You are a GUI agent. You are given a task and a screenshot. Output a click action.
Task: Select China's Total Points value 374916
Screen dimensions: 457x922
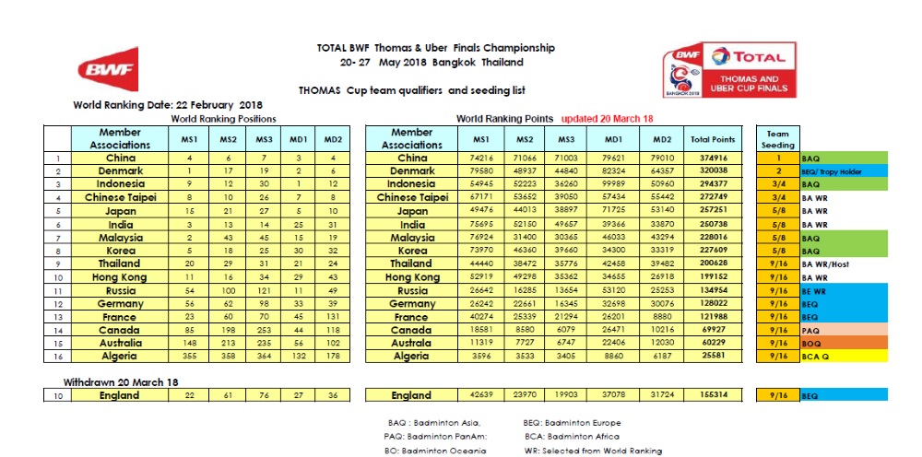click(x=712, y=158)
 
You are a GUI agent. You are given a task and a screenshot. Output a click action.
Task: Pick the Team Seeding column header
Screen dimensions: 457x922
click(x=777, y=139)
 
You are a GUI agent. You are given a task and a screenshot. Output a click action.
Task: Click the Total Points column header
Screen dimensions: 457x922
click(x=712, y=139)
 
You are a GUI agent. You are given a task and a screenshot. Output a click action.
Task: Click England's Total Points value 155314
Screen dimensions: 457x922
click(x=712, y=395)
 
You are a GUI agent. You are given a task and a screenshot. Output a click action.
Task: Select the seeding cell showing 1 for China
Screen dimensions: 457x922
click(x=777, y=158)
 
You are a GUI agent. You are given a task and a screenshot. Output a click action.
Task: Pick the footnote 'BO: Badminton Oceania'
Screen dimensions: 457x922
click(x=434, y=451)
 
